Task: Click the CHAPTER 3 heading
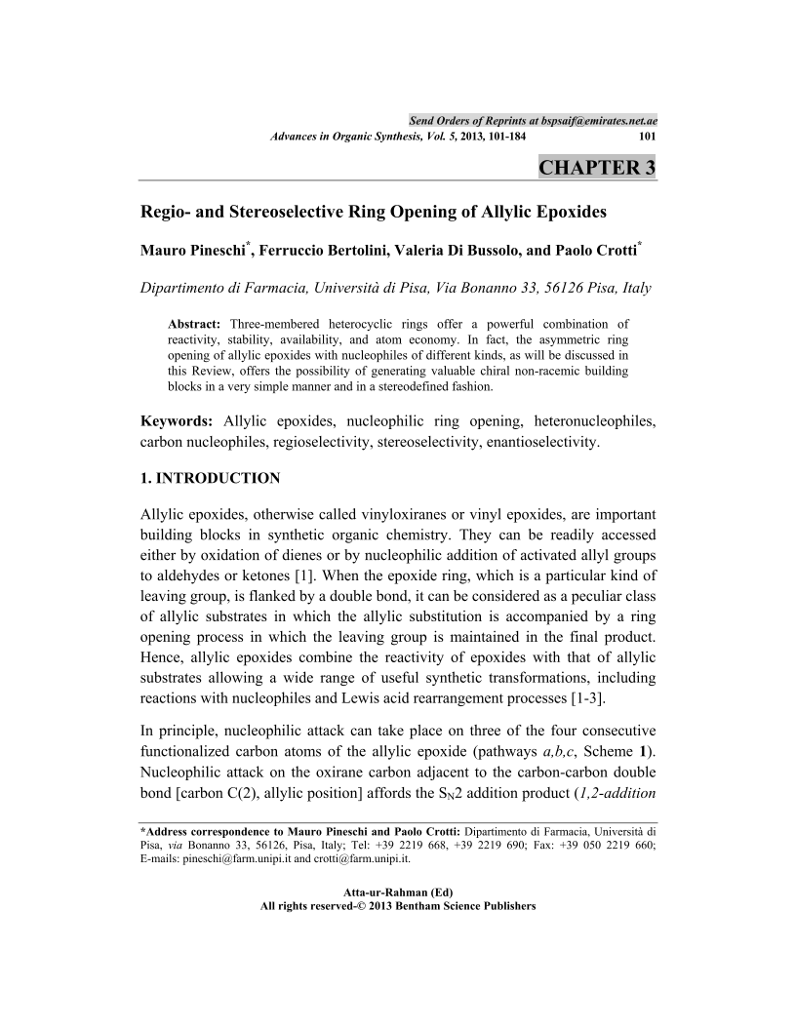click(x=597, y=167)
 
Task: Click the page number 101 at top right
click(x=646, y=136)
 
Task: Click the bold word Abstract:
click(x=195, y=323)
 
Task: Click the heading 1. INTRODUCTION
click(x=211, y=478)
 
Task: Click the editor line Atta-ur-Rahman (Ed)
click(x=398, y=892)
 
